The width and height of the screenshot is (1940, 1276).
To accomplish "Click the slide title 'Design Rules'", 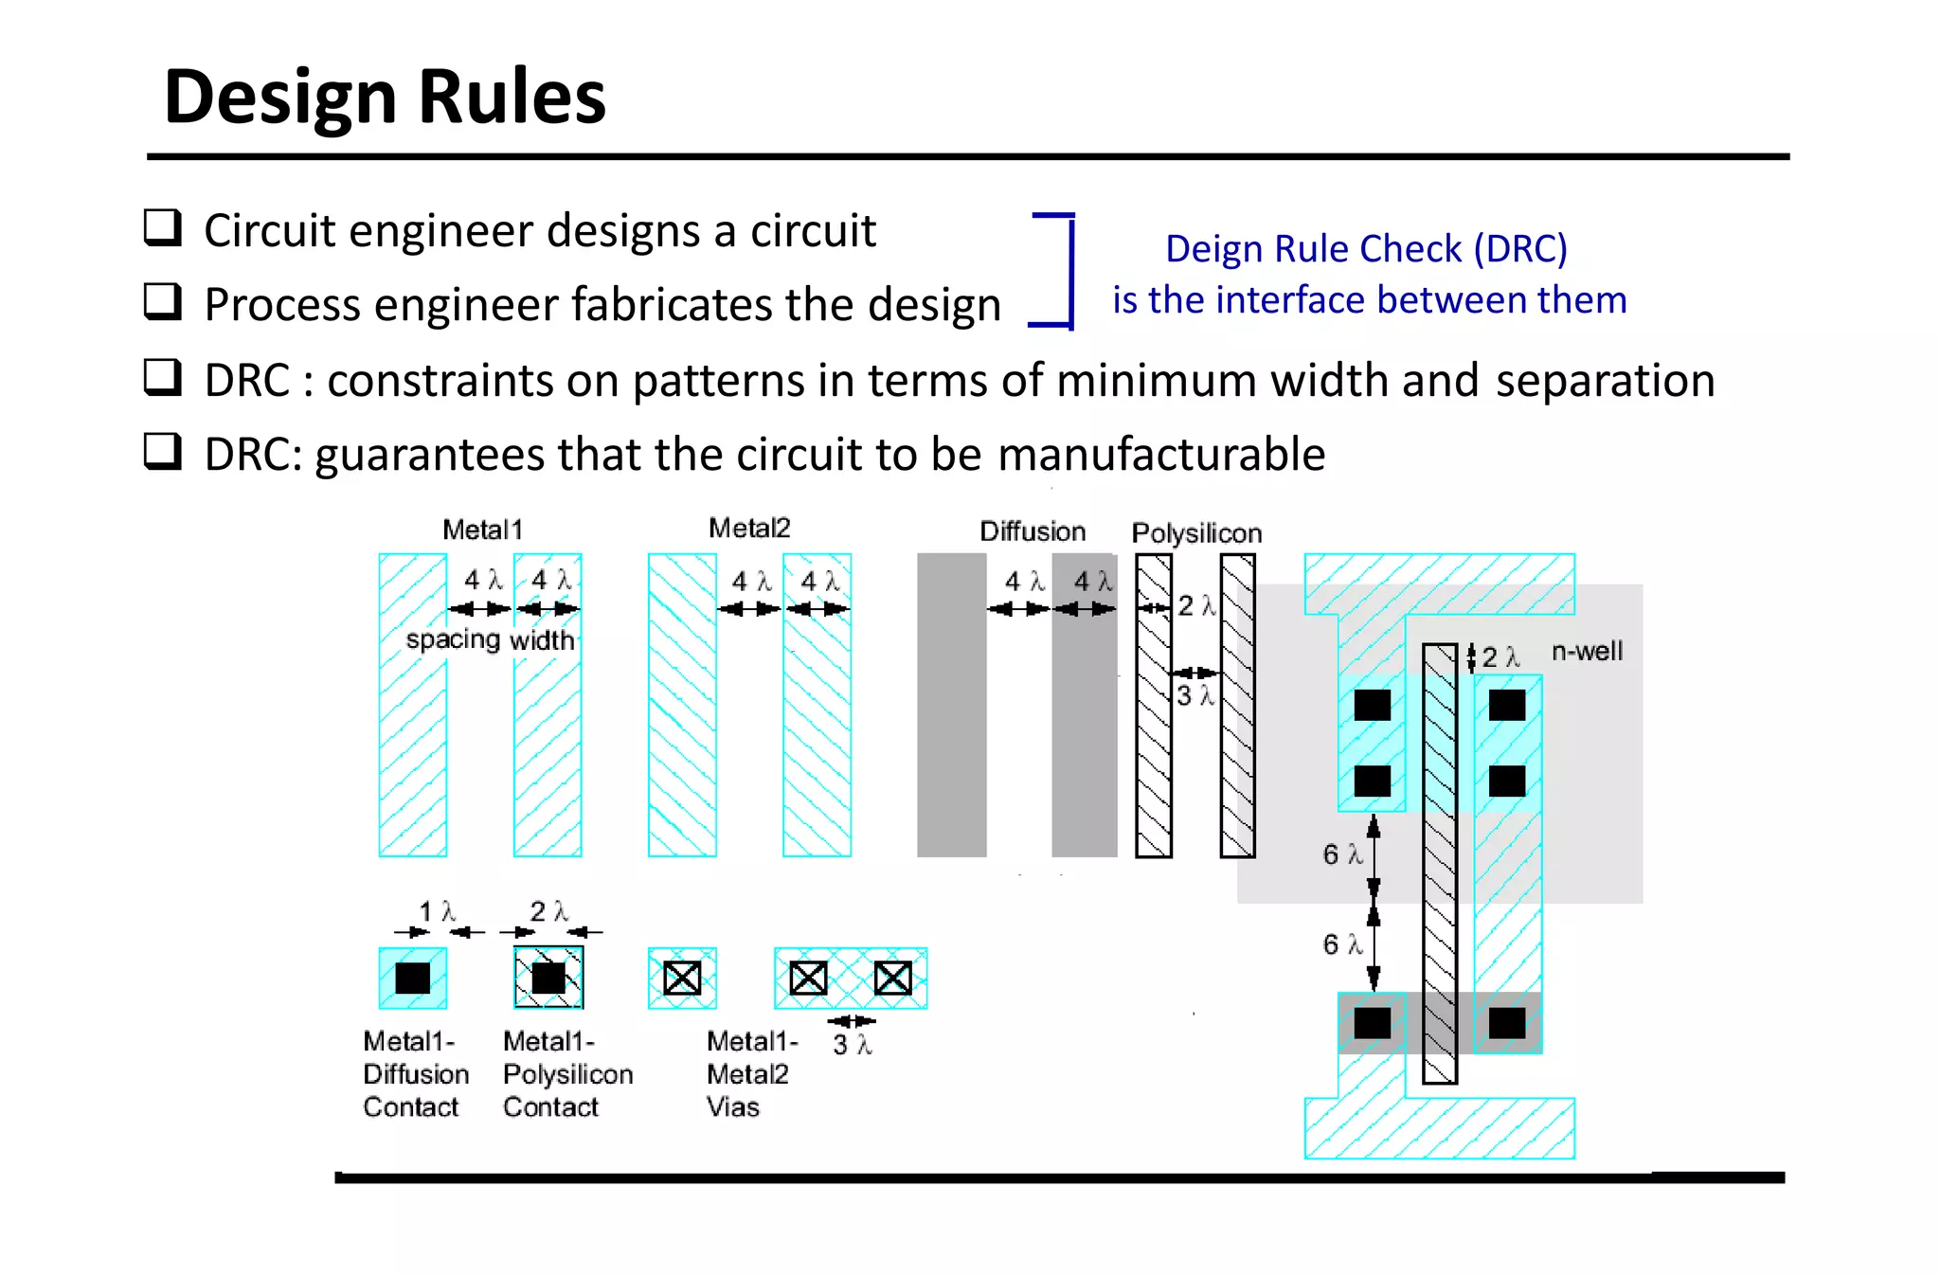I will pyautogui.click(x=384, y=98).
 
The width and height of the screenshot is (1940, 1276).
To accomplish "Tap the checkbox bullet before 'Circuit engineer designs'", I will pyautogui.click(x=162, y=228).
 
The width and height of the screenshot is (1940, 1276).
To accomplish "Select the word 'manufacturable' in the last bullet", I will pyautogui.click(x=1160, y=455).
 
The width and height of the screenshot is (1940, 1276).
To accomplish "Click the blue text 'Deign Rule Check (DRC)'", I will pyautogui.click(x=1366, y=249).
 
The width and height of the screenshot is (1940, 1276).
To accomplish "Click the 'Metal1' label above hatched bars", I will pyautogui.click(x=482, y=530).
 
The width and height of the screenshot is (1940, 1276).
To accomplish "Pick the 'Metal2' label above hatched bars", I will pyautogui.click(x=748, y=529).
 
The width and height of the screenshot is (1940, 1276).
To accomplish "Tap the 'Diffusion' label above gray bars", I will pyautogui.click(x=1032, y=531).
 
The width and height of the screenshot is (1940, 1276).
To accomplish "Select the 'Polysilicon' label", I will pyautogui.click(x=1195, y=533).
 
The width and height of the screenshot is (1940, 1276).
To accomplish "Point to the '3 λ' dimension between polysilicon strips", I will pyautogui.click(x=1194, y=696).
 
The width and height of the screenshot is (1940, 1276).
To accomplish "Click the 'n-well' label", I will pyautogui.click(x=1587, y=652).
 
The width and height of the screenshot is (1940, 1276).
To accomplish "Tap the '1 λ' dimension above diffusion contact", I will pyautogui.click(x=437, y=911).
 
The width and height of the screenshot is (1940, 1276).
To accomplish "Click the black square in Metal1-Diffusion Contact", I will pyautogui.click(x=412, y=978).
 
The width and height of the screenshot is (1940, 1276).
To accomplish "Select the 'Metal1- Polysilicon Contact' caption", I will pyautogui.click(x=566, y=1074).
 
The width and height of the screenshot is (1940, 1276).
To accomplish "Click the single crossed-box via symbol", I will pyautogui.click(x=682, y=978).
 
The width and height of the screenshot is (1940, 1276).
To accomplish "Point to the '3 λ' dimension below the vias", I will pyautogui.click(x=852, y=1045).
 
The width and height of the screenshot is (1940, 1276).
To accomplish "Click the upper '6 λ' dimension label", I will pyautogui.click(x=1341, y=854).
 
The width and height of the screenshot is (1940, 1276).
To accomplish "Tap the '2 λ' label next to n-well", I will pyautogui.click(x=1499, y=657).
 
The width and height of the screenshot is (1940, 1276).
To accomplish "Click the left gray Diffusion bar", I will pyautogui.click(x=951, y=706).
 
